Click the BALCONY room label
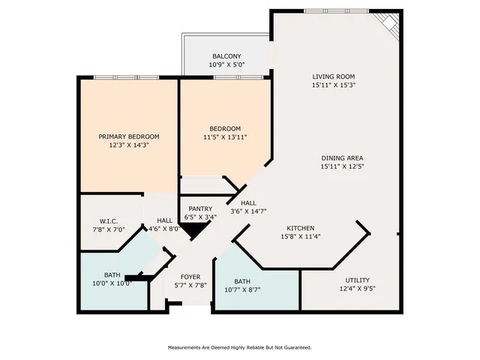click(x=226, y=57)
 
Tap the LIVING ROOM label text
click(x=334, y=76)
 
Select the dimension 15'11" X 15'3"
click(x=334, y=86)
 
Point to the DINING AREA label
click(x=342, y=158)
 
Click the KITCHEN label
click(x=300, y=228)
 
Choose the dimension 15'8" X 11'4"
click(x=300, y=238)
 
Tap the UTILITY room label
click(x=357, y=280)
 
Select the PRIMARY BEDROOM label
click(x=129, y=136)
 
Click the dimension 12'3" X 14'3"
click(x=129, y=145)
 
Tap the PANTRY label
click(x=200, y=209)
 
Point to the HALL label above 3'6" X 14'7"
click(x=248, y=203)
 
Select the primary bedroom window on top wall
click(x=126, y=77)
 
